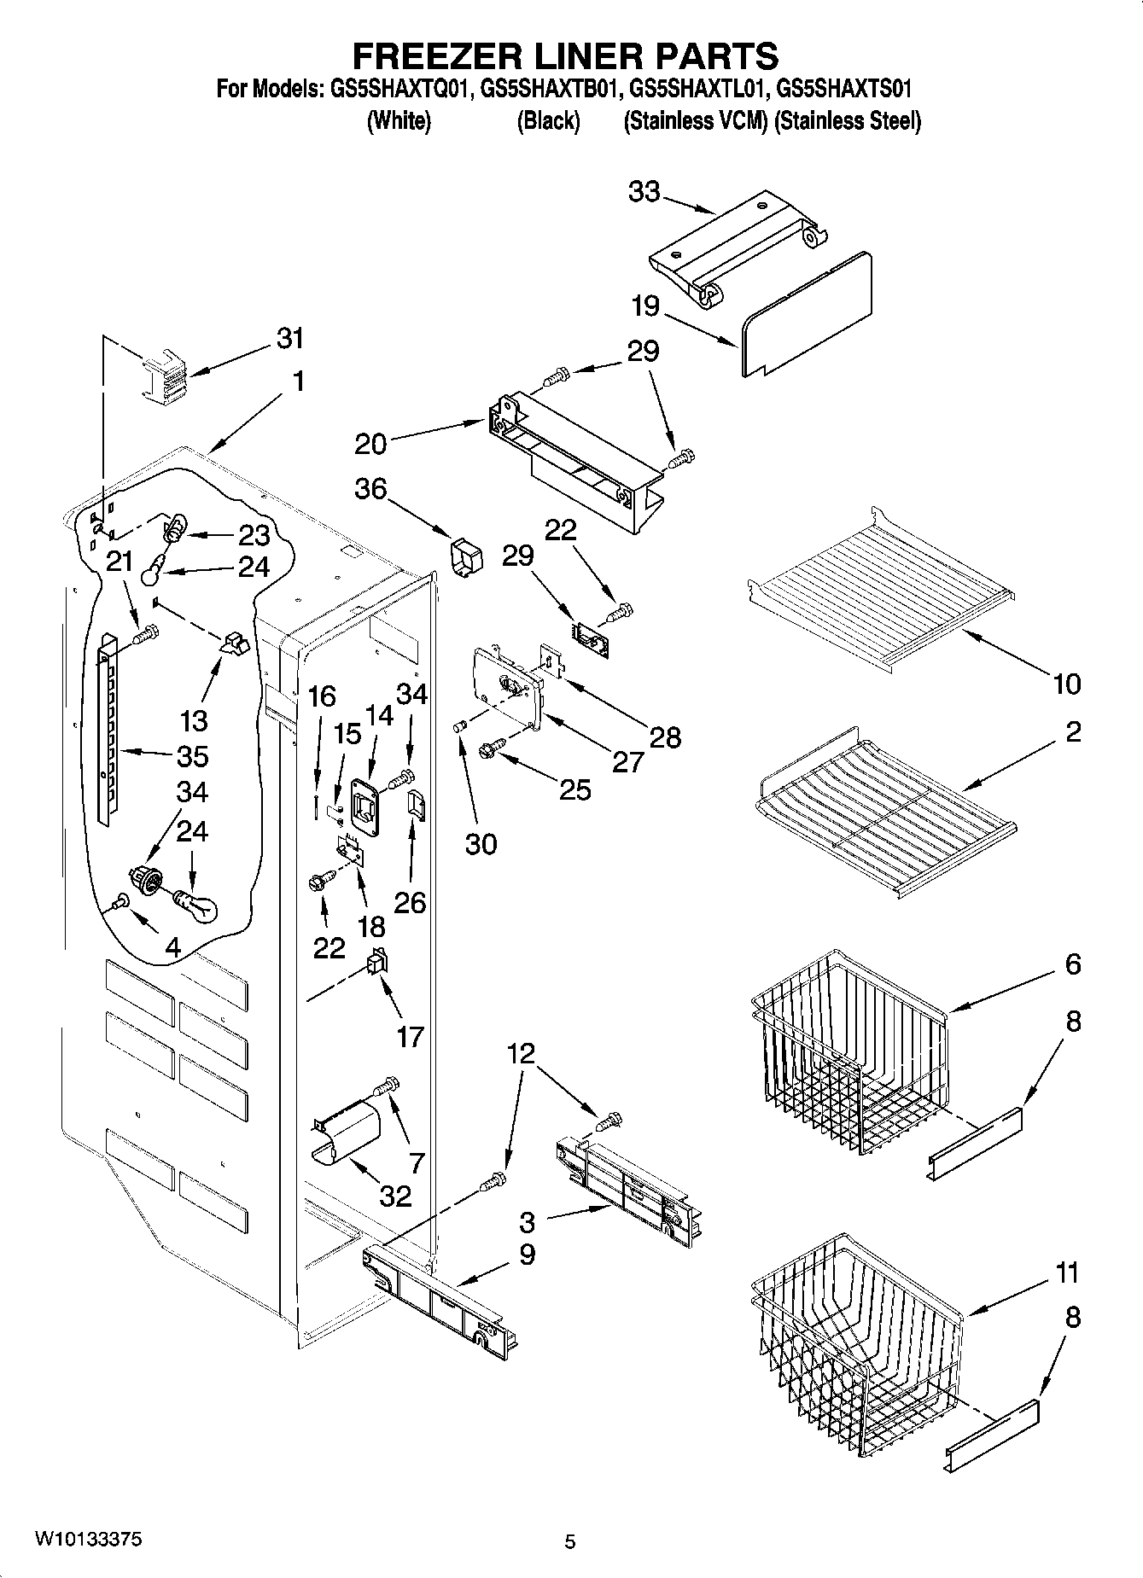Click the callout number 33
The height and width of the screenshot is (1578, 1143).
[x=644, y=192]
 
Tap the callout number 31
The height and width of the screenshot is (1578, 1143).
[x=290, y=338]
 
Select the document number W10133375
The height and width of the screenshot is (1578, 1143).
[x=88, y=1539]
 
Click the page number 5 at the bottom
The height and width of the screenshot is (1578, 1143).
[x=570, y=1540]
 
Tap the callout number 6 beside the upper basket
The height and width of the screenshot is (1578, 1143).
[x=1073, y=964]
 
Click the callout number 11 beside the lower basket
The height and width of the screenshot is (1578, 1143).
[x=1067, y=1272]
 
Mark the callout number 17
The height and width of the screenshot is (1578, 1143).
[x=410, y=1036]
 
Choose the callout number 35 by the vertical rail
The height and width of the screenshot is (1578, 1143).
[x=193, y=756]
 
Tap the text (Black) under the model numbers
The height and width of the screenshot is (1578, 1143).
[x=548, y=121]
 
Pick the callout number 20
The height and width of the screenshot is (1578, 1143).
[x=370, y=443]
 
